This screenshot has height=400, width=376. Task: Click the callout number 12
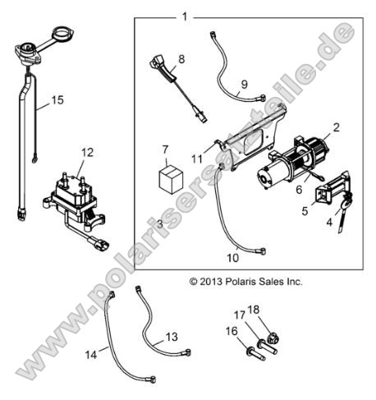click(x=88, y=152)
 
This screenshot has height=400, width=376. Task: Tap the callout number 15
click(x=57, y=100)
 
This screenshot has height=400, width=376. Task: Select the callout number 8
click(x=181, y=59)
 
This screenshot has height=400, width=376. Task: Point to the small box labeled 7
click(x=171, y=180)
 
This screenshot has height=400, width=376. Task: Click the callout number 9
click(x=244, y=84)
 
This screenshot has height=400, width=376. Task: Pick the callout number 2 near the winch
click(x=336, y=127)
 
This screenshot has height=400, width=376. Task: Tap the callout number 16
click(x=232, y=331)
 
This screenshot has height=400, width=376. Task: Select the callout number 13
click(x=172, y=337)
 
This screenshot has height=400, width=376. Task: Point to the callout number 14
click(x=91, y=355)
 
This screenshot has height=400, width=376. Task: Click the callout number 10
click(x=233, y=258)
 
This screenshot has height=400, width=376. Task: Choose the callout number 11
click(x=197, y=159)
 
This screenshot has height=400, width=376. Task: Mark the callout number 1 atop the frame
click(x=185, y=17)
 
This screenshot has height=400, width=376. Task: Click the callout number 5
click(x=305, y=211)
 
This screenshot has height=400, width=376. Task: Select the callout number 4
click(x=329, y=222)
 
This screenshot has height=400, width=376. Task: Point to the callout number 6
click(x=299, y=189)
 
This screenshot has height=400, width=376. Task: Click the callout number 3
click(x=160, y=224)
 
